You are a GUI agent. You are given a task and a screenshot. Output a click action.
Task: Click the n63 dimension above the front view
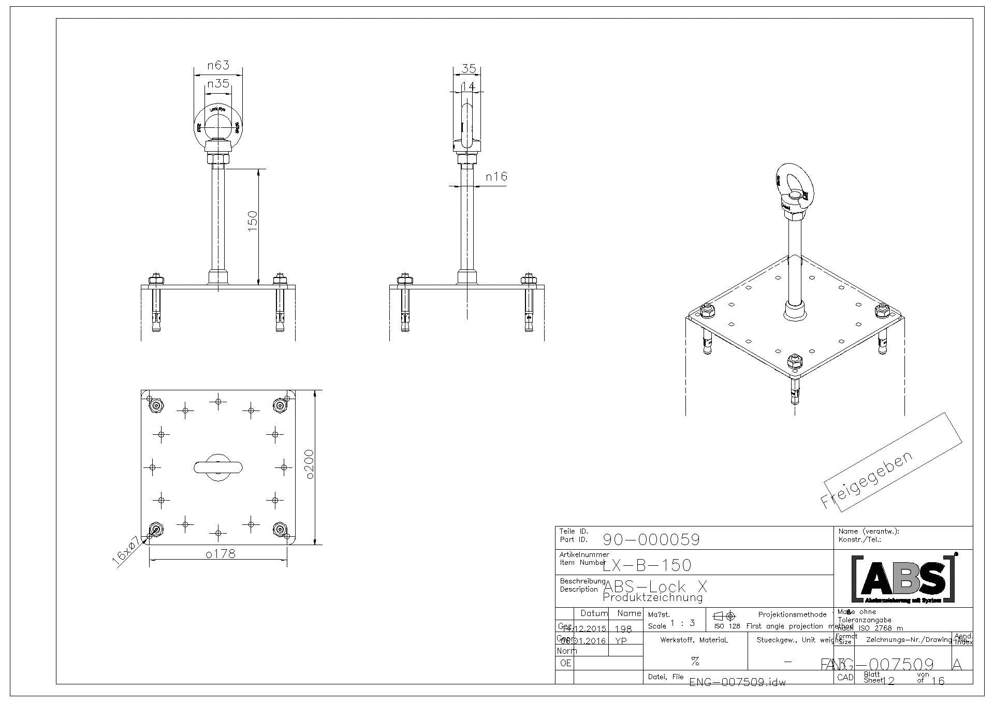tap(218, 65)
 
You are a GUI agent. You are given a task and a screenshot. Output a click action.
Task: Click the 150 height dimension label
tap(253, 221)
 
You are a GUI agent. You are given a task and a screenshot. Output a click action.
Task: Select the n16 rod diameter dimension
tap(496, 177)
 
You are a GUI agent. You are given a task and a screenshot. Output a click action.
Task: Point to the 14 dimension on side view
tap(467, 86)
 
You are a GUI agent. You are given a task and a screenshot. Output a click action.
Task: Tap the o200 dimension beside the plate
tap(310, 467)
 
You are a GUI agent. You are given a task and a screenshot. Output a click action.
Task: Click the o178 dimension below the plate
tap(221, 553)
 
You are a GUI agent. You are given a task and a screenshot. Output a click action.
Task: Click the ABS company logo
tap(903, 578)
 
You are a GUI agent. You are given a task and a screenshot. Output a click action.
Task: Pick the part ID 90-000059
tap(651, 540)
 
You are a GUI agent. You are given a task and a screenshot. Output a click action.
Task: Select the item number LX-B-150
tap(647, 565)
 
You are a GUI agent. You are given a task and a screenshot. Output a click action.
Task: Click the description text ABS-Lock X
tap(655, 587)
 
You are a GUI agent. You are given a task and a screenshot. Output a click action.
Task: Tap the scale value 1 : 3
tap(682, 623)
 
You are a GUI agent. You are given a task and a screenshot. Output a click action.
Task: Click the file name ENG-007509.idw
tap(737, 682)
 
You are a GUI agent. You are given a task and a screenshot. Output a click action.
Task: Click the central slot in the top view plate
tap(218, 467)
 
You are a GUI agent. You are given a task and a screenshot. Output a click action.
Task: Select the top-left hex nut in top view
tap(156, 405)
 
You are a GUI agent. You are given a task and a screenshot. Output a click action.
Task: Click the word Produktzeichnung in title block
tap(653, 598)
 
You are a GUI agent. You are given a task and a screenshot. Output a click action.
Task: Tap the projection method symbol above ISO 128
tap(724, 616)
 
